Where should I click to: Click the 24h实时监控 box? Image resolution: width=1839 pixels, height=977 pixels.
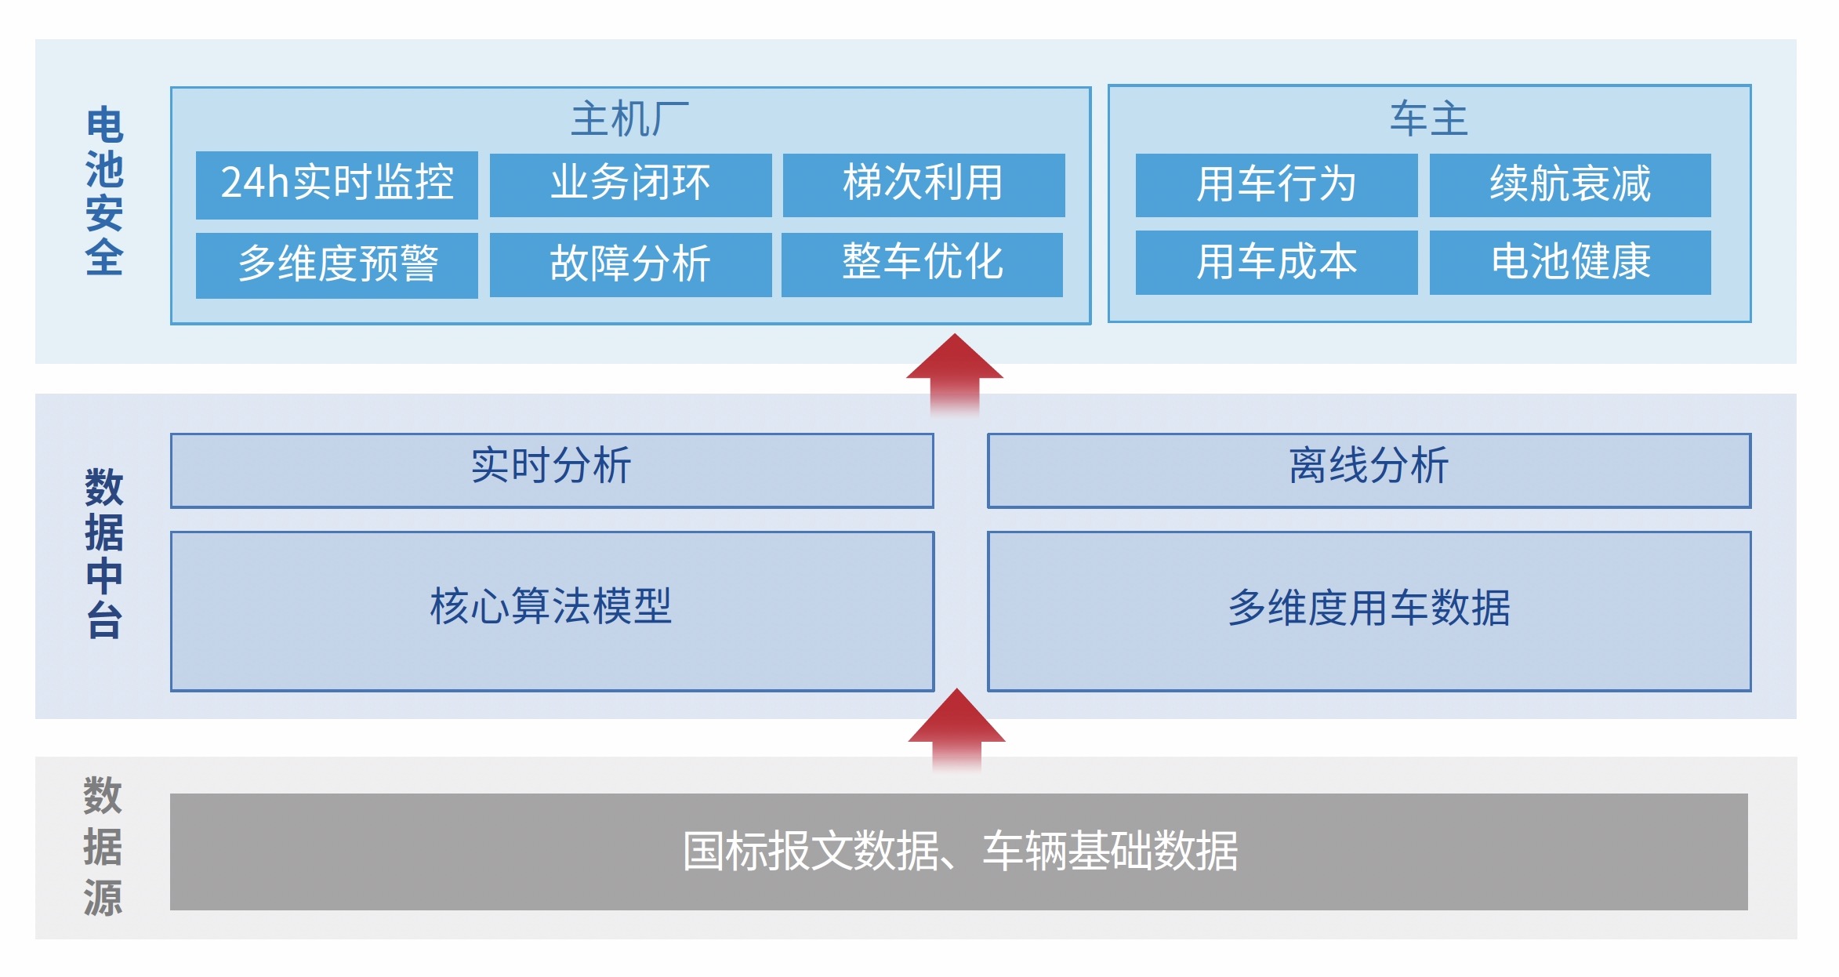coord(336,185)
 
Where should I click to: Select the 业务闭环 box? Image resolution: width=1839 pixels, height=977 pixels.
coord(630,185)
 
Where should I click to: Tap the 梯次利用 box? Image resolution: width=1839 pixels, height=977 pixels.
coord(923,185)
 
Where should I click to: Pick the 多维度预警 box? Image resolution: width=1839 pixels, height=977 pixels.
coord(336,265)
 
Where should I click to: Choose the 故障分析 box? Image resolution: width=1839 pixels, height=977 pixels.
coord(630,264)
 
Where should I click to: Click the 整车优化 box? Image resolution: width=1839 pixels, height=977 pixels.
coord(922,264)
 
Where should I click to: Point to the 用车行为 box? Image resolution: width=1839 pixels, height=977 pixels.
coord(1276,185)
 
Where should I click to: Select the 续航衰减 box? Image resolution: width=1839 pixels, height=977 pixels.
coord(1570,185)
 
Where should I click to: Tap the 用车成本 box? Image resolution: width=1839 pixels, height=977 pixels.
coord(1276,263)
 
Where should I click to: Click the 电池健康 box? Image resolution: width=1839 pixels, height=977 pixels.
coord(1570,263)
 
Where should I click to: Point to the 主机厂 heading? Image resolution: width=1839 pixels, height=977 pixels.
coord(630,119)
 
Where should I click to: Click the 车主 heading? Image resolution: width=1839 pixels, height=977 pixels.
coord(1429,119)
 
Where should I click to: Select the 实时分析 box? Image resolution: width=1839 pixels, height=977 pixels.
coord(552,470)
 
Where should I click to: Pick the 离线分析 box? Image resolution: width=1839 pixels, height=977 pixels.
coord(1369,470)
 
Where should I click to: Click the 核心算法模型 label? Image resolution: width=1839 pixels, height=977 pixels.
coord(551,606)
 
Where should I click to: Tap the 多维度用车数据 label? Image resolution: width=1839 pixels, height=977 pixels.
coord(1369,608)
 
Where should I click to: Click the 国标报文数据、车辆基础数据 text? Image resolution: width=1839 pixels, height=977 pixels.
coord(960,852)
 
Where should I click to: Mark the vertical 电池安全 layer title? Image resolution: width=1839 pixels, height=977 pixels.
coord(104,192)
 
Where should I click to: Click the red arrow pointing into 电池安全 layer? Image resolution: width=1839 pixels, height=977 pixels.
coord(955,375)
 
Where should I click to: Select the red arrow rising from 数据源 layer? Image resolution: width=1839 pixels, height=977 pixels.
coord(956,730)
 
